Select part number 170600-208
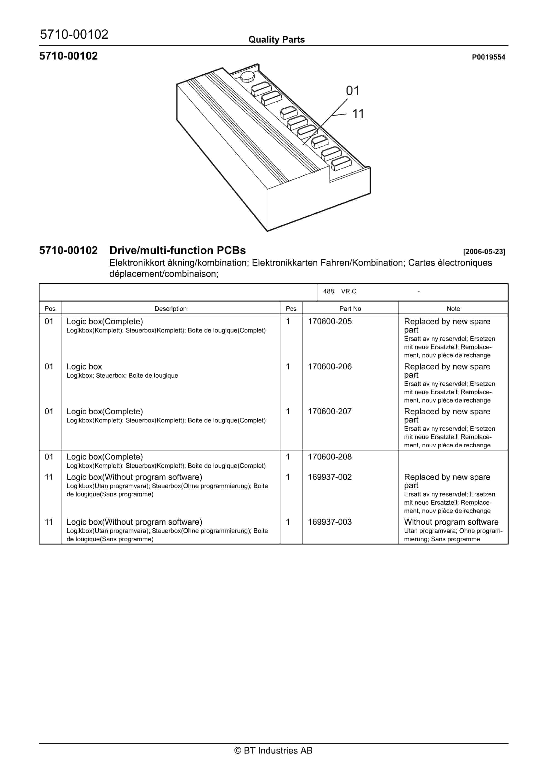coord(330,457)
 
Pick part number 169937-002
coord(330,477)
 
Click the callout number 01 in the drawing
coord(352,91)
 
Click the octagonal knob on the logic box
coord(247,77)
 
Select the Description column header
coord(170,309)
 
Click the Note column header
coord(453,309)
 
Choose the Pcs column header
coord(291,309)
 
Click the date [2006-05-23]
coord(484,252)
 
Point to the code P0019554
coord(488,57)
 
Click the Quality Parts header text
coord(276,40)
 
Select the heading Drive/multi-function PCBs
coord(177,250)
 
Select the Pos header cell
coord(50,309)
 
